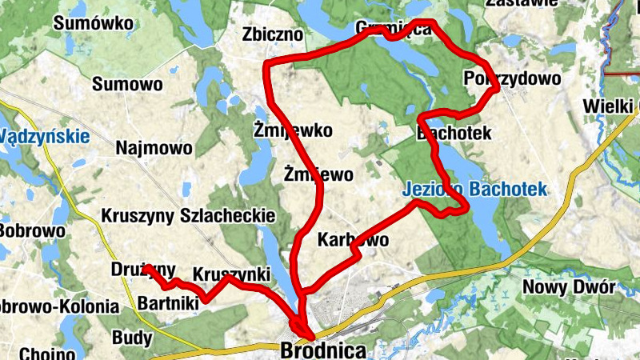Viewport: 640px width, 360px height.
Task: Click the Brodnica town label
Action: (323, 350)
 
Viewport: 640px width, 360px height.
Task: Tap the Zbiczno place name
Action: (273, 34)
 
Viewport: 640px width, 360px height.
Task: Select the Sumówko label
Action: (93, 23)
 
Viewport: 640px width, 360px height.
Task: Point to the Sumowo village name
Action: (127, 84)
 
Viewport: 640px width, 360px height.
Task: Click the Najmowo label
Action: (154, 148)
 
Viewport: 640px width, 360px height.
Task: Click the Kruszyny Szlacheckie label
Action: (188, 216)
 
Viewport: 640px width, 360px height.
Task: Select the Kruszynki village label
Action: (231, 272)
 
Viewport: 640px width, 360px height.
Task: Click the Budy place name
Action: (132, 337)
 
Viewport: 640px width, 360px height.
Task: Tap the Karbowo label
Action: (353, 239)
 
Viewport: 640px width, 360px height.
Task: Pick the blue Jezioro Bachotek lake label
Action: (474, 190)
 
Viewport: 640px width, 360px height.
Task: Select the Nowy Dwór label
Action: (568, 287)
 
